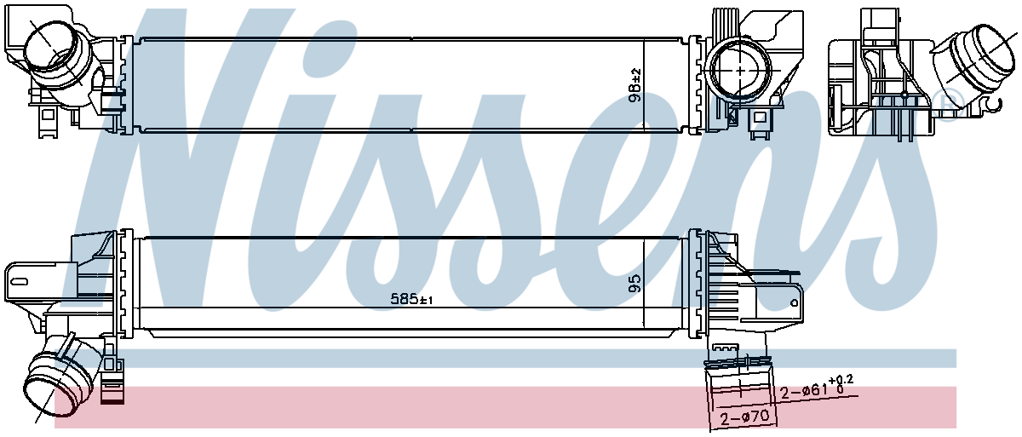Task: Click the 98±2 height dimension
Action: tap(635, 85)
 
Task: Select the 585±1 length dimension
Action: tap(411, 299)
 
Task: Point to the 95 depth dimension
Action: tap(635, 283)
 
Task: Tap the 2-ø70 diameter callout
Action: tap(744, 417)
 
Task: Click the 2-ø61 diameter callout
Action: tap(804, 390)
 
